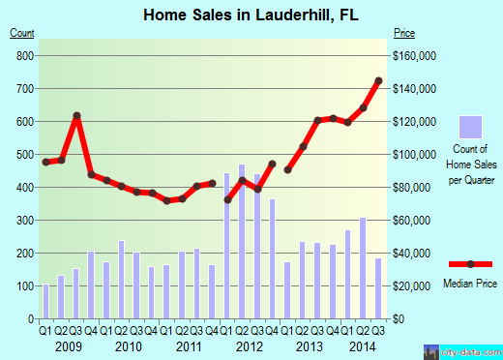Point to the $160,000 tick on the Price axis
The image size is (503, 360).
(413, 55)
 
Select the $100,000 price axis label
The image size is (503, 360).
(413, 154)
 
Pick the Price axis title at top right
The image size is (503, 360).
(403, 33)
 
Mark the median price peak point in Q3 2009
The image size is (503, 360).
(76, 116)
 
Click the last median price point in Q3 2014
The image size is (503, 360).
(378, 80)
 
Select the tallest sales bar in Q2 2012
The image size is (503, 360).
(242, 241)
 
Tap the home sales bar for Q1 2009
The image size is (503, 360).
(45, 301)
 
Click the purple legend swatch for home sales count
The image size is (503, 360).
(470, 127)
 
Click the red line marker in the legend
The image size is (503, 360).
(470, 264)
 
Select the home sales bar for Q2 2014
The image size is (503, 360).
(363, 267)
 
